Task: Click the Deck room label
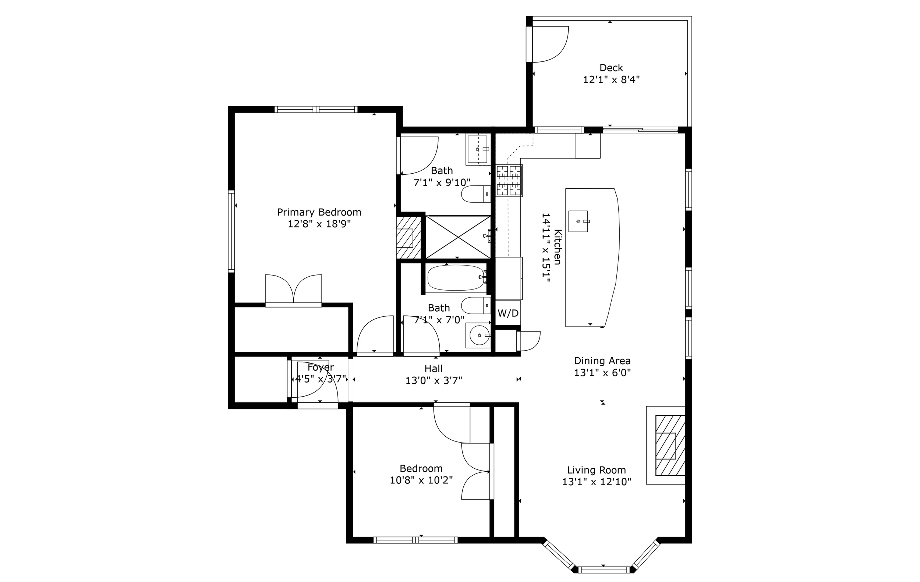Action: point(611,68)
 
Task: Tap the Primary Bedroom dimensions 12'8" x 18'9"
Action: point(319,224)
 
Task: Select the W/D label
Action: point(508,313)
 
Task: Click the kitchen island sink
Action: point(578,221)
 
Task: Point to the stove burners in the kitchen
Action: point(509,181)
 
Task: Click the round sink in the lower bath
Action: point(479,335)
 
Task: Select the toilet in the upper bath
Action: point(476,194)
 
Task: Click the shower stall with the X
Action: point(458,237)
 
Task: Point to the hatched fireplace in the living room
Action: point(670,445)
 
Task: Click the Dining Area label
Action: point(602,361)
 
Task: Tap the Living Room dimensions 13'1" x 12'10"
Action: point(597,482)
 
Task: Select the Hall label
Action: point(434,369)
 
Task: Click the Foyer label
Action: point(321,368)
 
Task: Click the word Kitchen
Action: point(558,247)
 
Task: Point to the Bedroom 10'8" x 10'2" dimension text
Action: point(421,480)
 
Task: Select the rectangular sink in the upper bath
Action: point(478,149)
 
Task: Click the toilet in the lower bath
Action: point(476,305)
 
